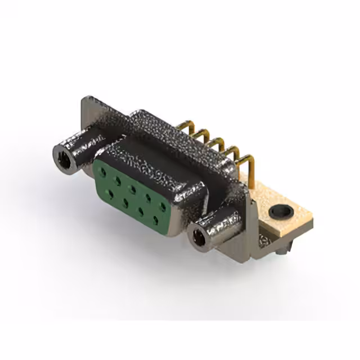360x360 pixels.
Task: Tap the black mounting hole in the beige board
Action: (280, 212)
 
